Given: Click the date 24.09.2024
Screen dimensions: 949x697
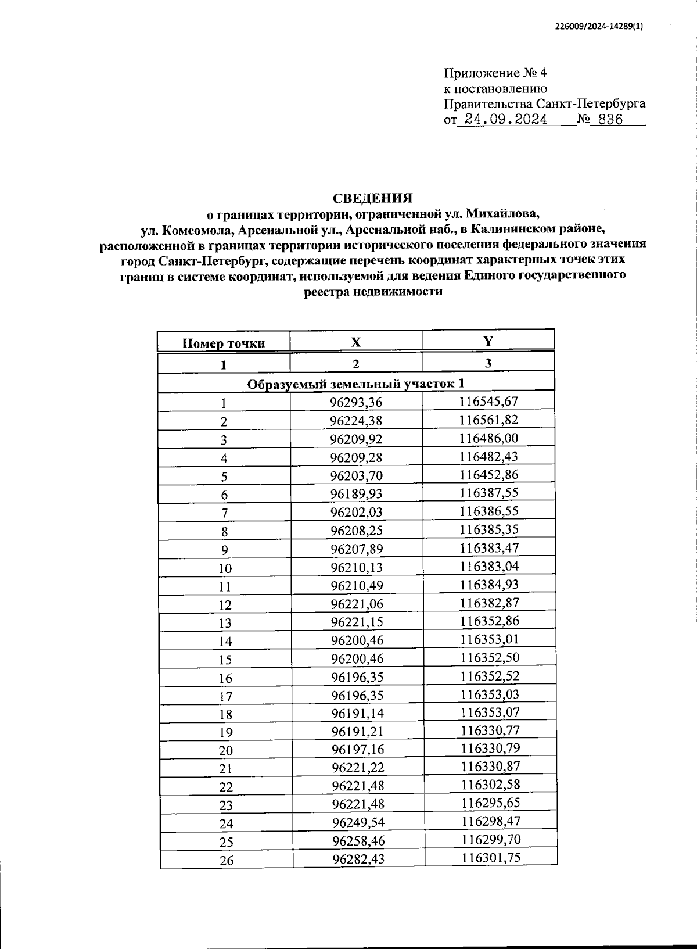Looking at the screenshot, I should click(x=502, y=120).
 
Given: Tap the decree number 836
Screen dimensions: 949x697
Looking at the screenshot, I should click(x=606, y=120).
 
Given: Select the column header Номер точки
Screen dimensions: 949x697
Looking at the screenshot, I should click(x=224, y=343).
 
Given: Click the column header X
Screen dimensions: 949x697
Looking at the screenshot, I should click(x=355, y=342).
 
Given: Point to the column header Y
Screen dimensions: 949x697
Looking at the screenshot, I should click(x=488, y=341).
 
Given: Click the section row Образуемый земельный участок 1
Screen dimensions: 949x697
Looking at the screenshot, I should click(x=355, y=384).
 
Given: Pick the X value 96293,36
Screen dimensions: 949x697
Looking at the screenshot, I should click(x=356, y=402).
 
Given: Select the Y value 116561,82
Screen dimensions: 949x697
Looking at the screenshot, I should click(x=488, y=420).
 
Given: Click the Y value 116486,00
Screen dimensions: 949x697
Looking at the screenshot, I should click(x=488, y=438).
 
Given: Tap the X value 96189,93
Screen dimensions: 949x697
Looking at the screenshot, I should click(x=356, y=494).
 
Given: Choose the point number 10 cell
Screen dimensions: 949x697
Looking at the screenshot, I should click(x=225, y=568).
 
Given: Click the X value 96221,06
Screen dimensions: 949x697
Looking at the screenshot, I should click(x=357, y=604).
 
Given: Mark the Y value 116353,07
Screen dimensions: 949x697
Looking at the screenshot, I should click(x=490, y=712).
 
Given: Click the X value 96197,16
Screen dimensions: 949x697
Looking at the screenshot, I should click(x=357, y=750).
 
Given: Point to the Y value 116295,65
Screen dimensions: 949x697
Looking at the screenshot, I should click(x=490, y=803).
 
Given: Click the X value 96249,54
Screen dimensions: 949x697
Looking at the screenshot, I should click(x=358, y=822).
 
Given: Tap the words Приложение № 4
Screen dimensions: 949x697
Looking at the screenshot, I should click(x=495, y=73).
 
